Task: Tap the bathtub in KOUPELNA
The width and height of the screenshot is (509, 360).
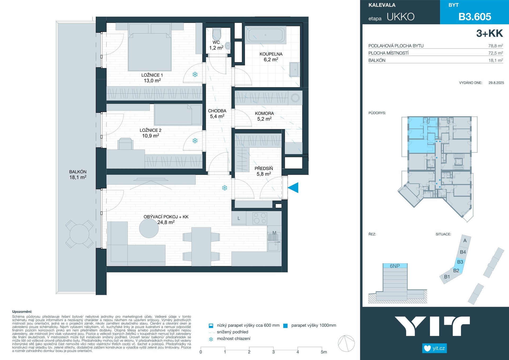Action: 265,35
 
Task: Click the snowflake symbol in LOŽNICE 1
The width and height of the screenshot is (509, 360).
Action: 195,75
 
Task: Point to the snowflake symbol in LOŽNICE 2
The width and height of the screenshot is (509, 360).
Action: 195,141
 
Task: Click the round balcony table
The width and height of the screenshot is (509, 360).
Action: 80,234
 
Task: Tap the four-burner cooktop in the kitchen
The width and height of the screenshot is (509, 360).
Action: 260,218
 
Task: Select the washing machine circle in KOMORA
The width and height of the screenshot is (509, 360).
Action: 295,98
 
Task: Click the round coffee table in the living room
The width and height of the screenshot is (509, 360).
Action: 149,228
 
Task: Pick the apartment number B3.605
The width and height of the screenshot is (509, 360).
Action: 475,17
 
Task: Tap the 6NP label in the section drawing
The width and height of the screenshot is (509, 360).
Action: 395,266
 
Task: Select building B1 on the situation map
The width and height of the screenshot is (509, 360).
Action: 447,277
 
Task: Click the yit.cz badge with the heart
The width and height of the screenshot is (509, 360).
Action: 435,348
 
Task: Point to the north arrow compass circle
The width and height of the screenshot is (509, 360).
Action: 346,344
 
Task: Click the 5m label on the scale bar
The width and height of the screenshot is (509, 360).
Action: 324,352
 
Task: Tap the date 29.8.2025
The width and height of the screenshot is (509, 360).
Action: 496,83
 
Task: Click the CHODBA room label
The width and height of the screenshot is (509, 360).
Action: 217,111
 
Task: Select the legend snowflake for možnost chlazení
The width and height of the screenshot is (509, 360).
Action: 211,339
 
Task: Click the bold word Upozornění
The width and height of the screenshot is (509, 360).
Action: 22,312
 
